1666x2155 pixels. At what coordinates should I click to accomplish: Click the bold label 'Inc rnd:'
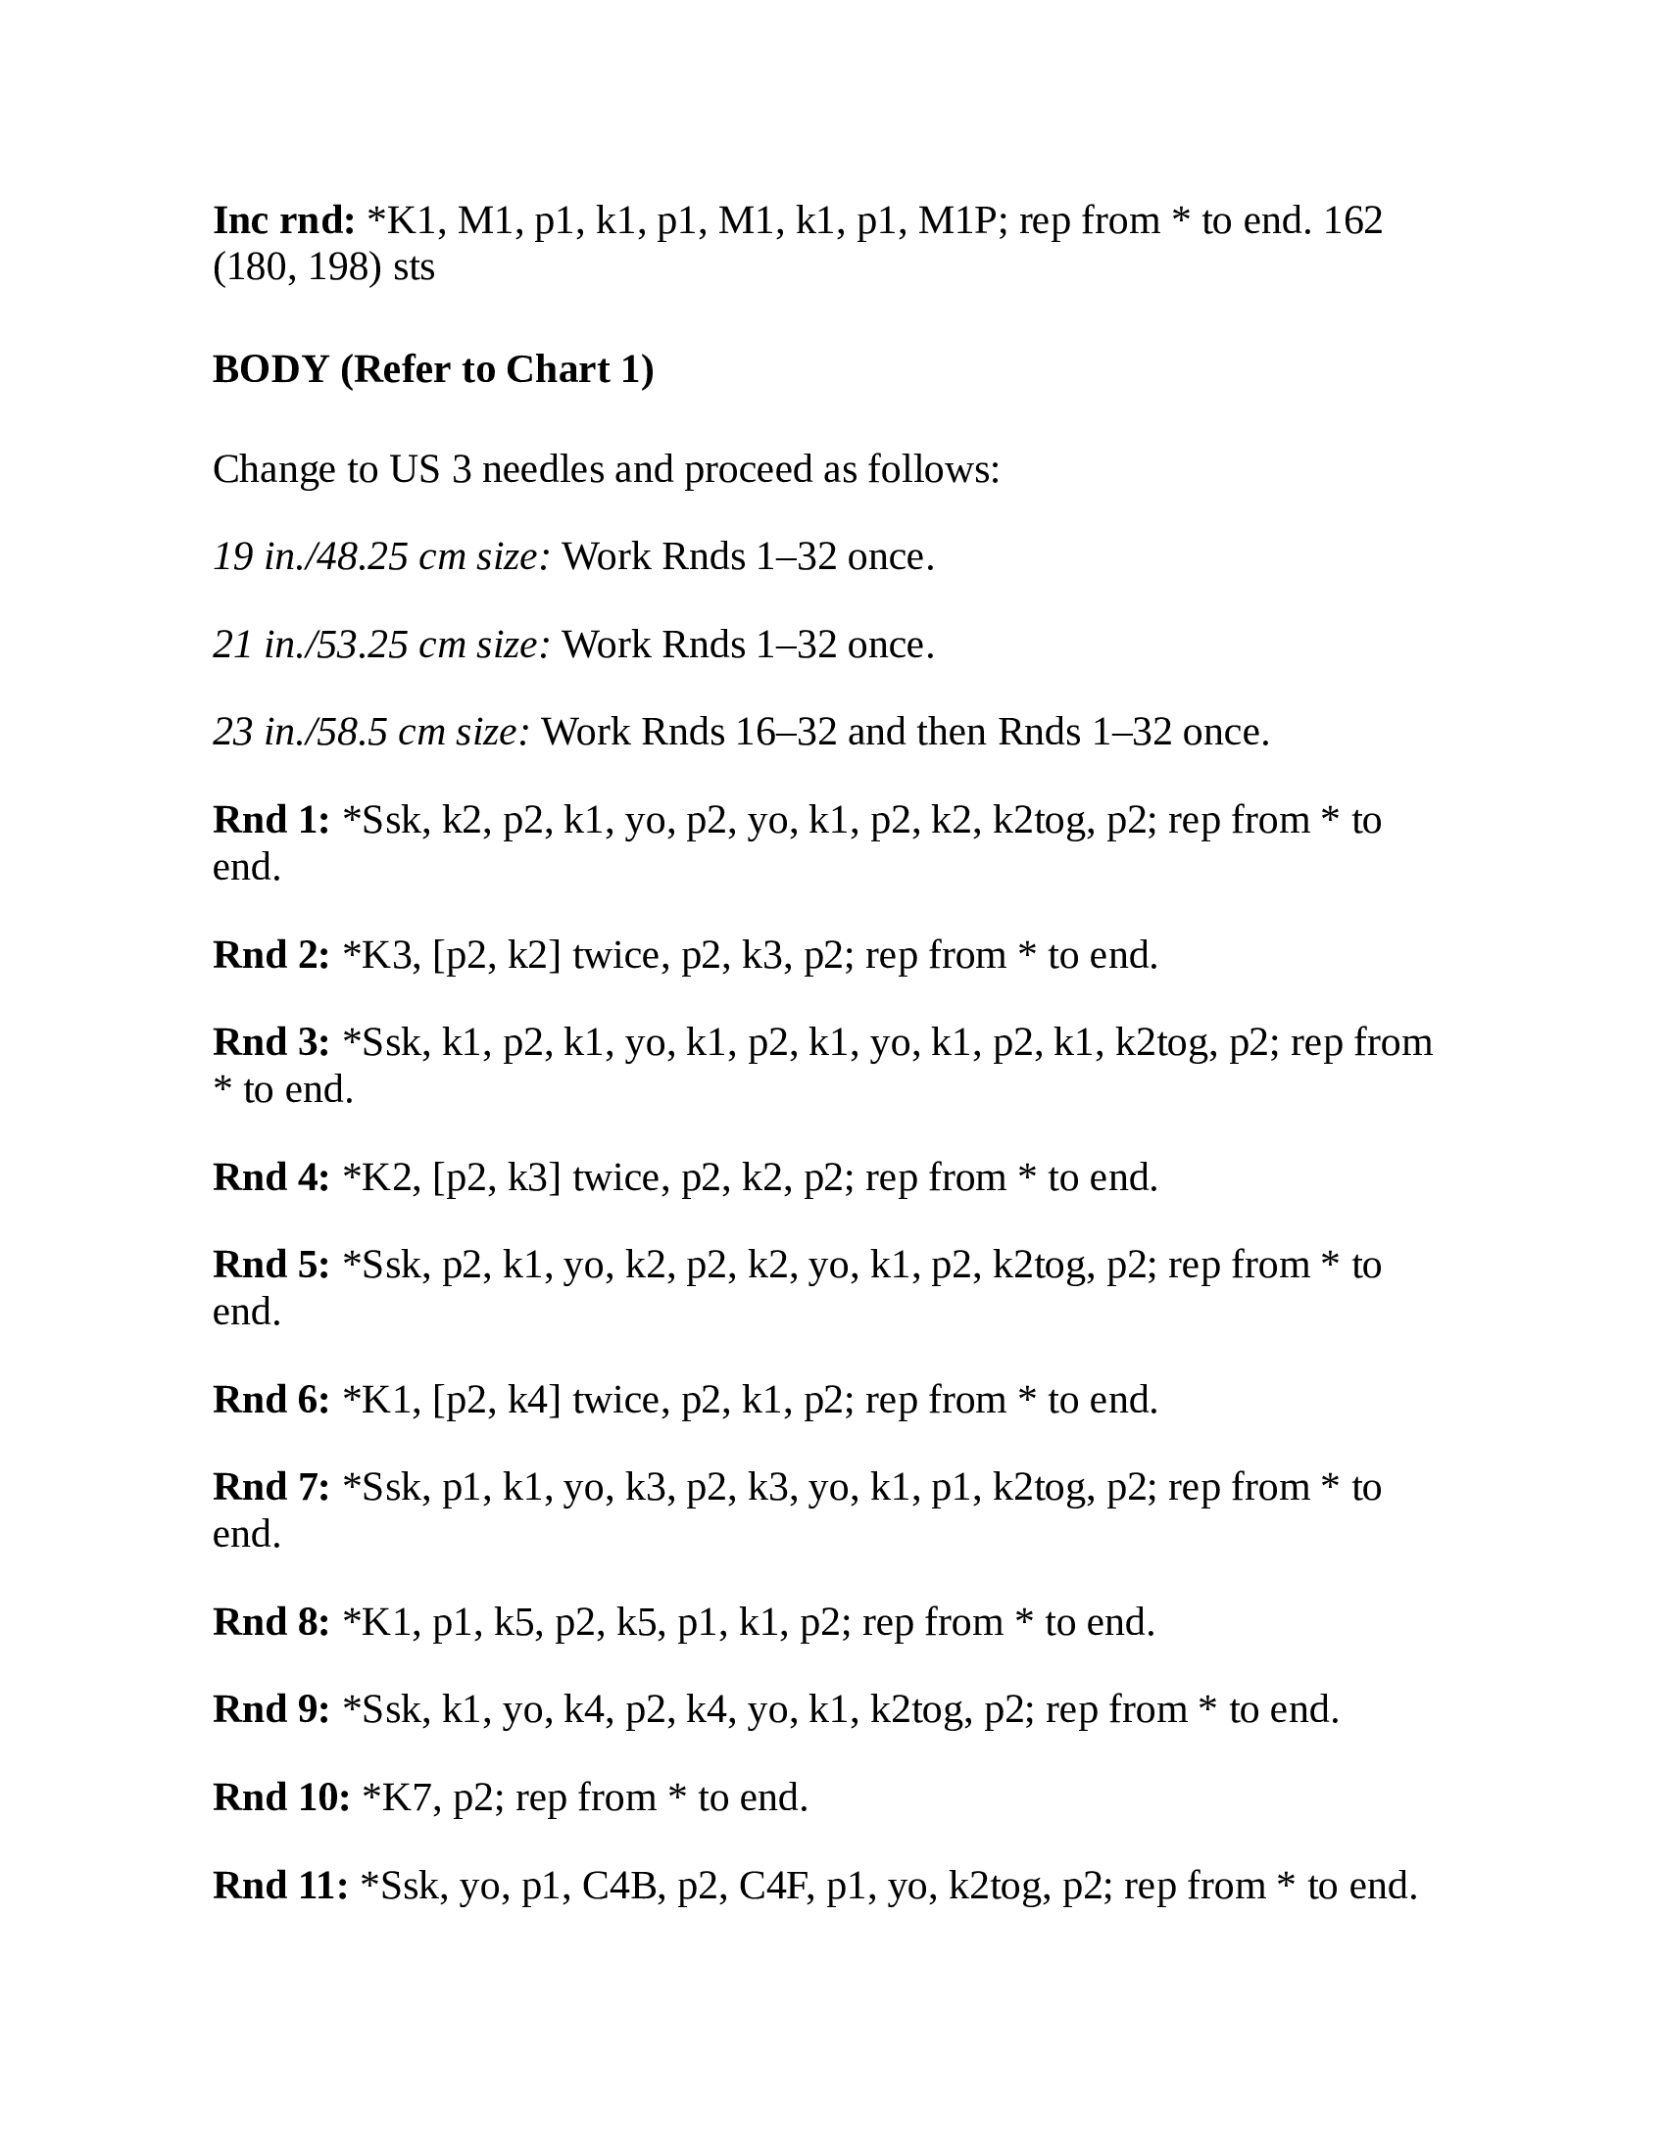pos(283,220)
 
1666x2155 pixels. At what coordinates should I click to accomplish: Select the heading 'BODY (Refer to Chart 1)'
pos(433,369)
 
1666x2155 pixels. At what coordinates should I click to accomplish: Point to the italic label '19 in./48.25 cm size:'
pos(381,557)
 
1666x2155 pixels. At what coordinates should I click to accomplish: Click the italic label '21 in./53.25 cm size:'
pos(381,646)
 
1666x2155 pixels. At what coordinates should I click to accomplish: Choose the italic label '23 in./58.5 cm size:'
pos(371,732)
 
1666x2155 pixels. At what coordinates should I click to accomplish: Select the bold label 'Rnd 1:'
pos(271,820)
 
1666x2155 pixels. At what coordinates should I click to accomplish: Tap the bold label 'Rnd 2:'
pos(271,955)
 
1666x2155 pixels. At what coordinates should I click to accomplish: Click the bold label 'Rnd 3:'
pos(271,1043)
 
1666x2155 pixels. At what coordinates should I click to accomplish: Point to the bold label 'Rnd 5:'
pos(271,1265)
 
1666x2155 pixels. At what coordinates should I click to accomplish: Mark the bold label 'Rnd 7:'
pos(271,1488)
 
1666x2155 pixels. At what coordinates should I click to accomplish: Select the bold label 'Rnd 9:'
pos(271,1710)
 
